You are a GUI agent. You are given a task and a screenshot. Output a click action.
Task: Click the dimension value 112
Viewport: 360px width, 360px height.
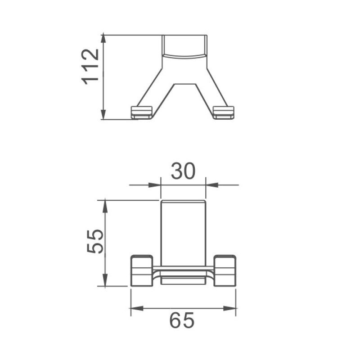(x=90, y=66)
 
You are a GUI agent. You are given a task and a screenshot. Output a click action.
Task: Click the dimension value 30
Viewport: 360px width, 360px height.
(x=183, y=171)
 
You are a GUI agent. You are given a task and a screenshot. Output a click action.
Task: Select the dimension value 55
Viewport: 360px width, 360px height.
(x=96, y=241)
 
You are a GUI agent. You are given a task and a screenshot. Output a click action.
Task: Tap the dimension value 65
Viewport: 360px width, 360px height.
(x=182, y=321)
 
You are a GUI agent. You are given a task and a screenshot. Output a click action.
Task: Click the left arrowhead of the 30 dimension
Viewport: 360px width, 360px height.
(x=156, y=184)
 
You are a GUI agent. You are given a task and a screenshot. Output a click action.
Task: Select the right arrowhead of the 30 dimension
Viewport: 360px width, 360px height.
(x=211, y=184)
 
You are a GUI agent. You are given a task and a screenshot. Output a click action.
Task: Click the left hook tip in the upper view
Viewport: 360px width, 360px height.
(x=142, y=112)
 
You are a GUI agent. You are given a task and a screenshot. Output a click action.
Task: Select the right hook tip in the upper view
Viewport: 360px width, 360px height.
(x=224, y=112)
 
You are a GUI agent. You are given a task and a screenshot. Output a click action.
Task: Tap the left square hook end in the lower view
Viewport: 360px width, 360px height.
(x=142, y=270)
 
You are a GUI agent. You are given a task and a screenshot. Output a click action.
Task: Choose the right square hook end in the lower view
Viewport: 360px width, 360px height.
(x=225, y=270)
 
